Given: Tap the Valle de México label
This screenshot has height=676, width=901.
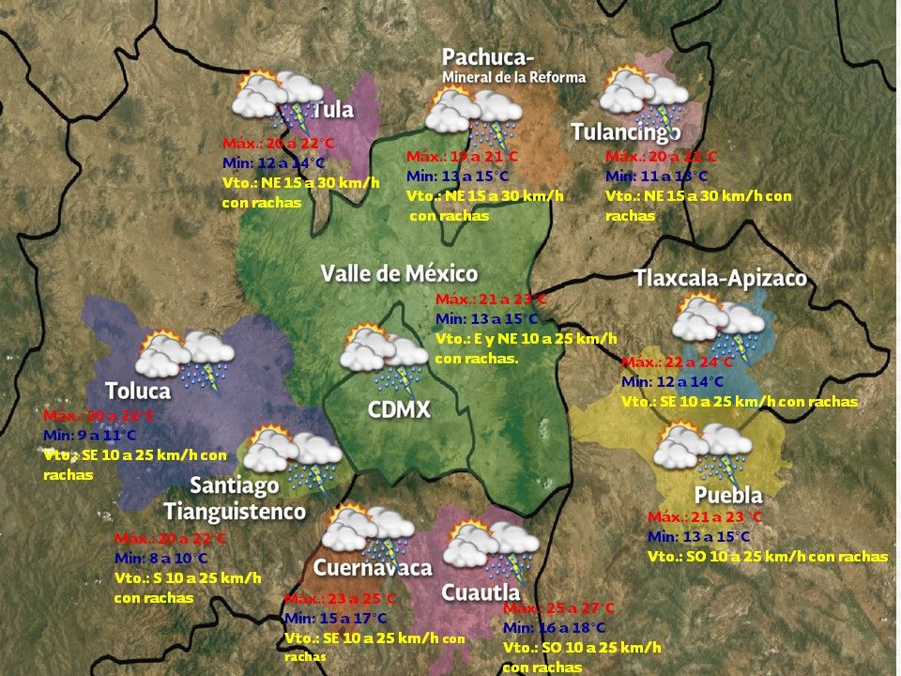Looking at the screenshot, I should [x=399, y=274].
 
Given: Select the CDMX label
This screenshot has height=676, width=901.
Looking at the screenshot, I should [x=399, y=409].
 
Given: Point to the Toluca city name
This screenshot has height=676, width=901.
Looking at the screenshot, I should [x=138, y=391].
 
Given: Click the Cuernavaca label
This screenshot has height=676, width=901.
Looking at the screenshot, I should [x=373, y=567].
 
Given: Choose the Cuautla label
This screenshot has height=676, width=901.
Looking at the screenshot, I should [x=481, y=592].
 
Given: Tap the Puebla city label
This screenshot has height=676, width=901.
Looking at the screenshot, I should [x=728, y=495].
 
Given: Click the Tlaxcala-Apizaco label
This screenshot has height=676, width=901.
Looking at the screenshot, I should [x=720, y=279].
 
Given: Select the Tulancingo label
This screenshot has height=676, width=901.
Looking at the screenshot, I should [x=626, y=132].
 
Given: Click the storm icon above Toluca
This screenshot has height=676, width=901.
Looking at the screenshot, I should [x=185, y=359].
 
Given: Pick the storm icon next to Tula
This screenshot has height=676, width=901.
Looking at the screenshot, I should [x=279, y=100].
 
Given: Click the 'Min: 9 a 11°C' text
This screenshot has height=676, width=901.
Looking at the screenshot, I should [x=90, y=435].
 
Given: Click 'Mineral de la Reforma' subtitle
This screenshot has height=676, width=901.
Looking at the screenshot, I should [x=513, y=77].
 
